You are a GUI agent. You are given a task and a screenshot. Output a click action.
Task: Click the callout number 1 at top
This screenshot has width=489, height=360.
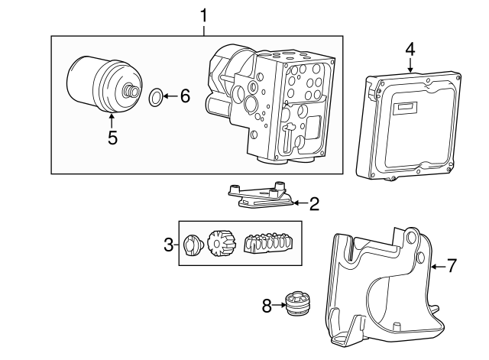pyautogui.click(x=203, y=15)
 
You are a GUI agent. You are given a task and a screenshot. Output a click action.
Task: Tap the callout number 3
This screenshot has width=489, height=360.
pyautogui.click(x=168, y=245)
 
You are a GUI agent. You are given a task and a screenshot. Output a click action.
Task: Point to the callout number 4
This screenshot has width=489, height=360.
pyautogui.click(x=410, y=48)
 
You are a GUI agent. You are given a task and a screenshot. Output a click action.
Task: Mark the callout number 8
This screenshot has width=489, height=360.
pyautogui.click(x=267, y=306)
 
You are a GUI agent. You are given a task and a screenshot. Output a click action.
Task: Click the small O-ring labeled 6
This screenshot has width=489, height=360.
pyautogui.click(x=155, y=96)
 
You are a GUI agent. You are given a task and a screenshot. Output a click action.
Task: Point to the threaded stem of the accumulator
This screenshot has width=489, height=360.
pyautogui.click(x=133, y=93)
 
